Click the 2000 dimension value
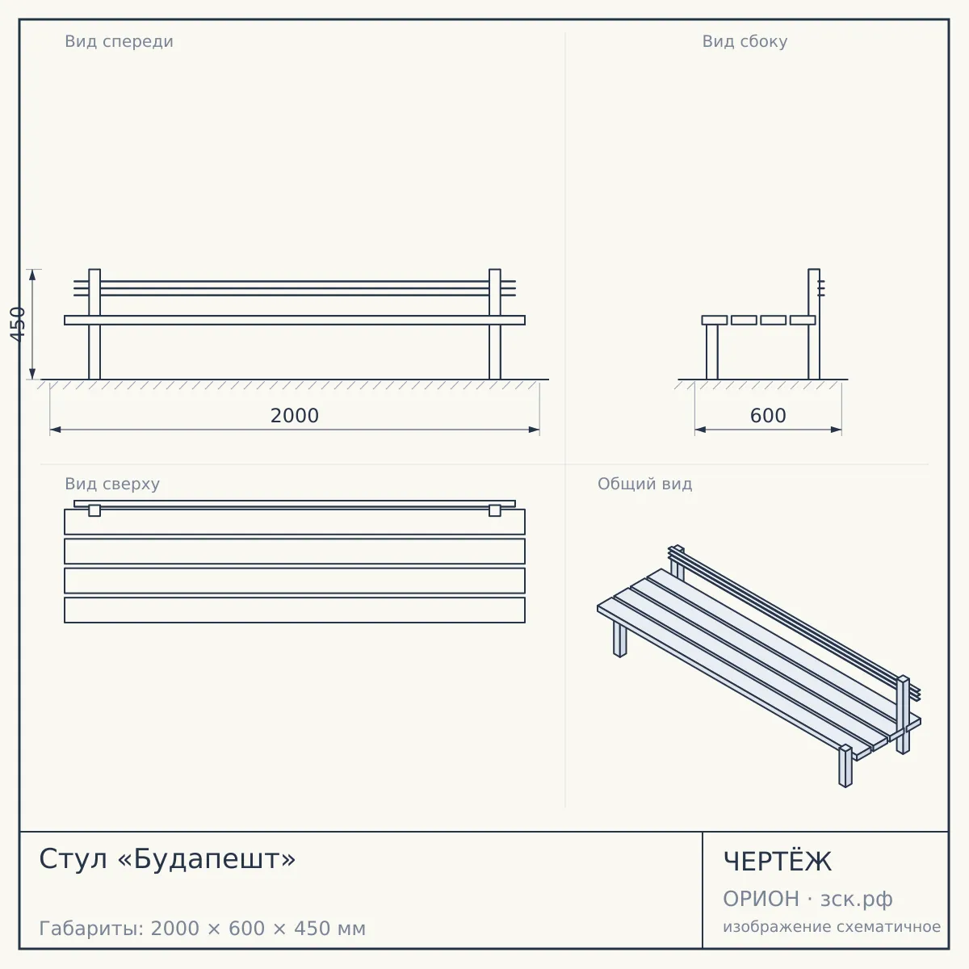[x=294, y=415]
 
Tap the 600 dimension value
[x=767, y=415]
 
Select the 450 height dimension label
[x=18, y=324]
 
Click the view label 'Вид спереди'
[x=119, y=41]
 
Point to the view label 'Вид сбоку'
[x=745, y=41]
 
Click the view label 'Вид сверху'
[x=112, y=484]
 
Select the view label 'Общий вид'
[x=644, y=484]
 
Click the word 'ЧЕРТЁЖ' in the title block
[x=777, y=862]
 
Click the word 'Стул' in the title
[x=73, y=859]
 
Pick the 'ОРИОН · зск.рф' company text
[x=807, y=899]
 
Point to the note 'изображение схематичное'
[x=832, y=926]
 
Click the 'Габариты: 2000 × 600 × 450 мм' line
[x=202, y=929]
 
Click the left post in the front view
[x=94, y=325]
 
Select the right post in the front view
[x=495, y=325]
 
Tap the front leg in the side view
[x=712, y=352]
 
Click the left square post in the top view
[x=94, y=510]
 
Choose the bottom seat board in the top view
[x=295, y=610]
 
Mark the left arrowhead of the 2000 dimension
[x=56, y=430]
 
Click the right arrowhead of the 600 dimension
[x=837, y=430]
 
